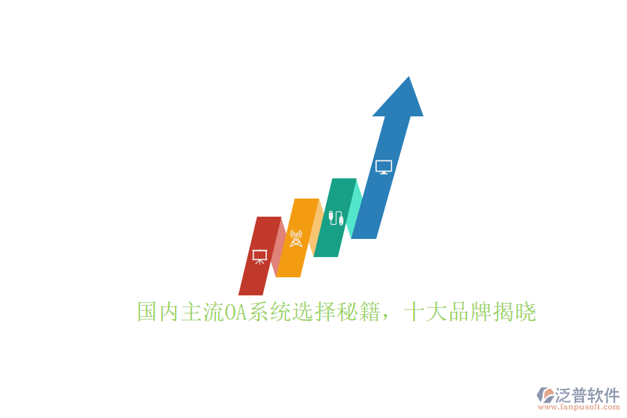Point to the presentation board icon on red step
click(259, 256)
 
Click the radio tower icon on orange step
click(296, 238)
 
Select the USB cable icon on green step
click(336, 217)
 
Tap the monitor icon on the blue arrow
click(384, 167)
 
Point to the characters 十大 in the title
click(425, 313)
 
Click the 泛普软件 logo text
click(587, 395)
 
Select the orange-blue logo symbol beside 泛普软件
click(545, 395)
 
